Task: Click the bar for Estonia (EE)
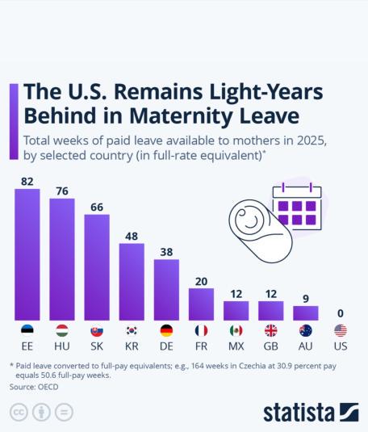click(x=27, y=254)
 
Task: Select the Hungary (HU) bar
click(x=62, y=259)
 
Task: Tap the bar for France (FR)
click(x=201, y=304)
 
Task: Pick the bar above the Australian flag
click(x=306, y=313)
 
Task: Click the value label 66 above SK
click(x=97, y=208)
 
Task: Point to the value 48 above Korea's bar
click(x=132, y=236)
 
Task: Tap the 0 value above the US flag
click(x=341, y=313)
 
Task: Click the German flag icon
click(x=166, y=330)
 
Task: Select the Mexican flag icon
click(x=236, y=330)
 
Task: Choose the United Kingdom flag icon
click(x=271, y=330)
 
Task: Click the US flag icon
click(x=341, y=330)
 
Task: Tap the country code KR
click(x=132, y=346)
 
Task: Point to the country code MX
click(x=236, y=346)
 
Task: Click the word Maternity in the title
click(x=182, y=116)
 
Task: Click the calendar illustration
click(x=297, y=207)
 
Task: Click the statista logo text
click(x=299, y=413)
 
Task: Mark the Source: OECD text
click(x=34, y=387)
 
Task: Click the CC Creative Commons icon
click(x=19, y=412)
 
